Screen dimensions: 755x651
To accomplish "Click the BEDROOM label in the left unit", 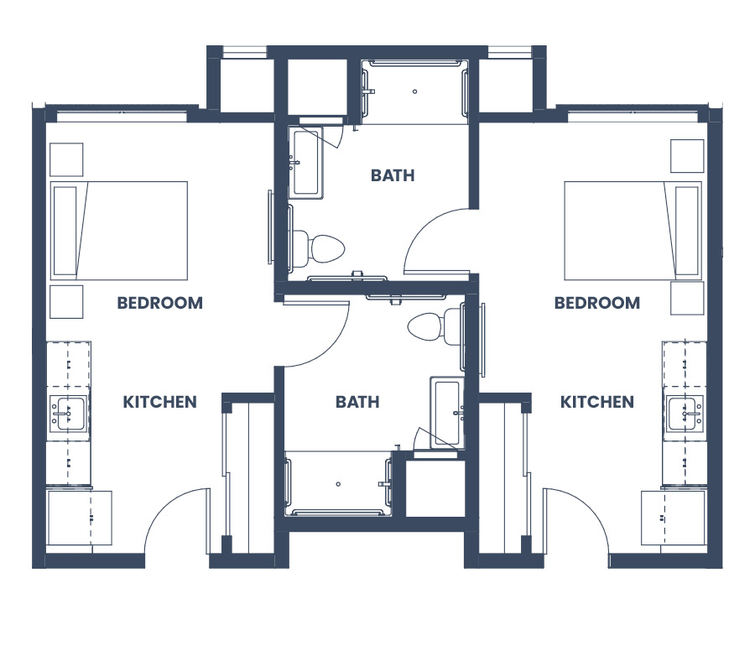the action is pos(160,303).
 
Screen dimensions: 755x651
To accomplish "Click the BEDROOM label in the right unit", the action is pos(597,303).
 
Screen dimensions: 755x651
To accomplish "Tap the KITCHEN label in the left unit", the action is pos(160,402).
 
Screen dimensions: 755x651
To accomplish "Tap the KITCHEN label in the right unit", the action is pos(597,402).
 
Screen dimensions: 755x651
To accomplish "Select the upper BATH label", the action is pos(393,175).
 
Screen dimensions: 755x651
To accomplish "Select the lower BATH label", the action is pos(357,402).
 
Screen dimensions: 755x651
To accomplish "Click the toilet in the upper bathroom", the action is pos(318,249).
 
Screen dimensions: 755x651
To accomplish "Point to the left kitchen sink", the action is pos(69,414).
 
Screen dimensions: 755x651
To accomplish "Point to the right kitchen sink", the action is pos(685,414).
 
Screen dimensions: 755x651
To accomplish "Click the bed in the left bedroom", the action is pos(119,231).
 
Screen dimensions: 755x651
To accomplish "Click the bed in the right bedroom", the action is pos(633,231).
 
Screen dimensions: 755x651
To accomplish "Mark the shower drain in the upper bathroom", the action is pos(414,91).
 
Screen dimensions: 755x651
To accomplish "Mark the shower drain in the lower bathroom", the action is pos(338,484).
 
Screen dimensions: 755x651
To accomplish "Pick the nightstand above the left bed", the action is pos(66,159).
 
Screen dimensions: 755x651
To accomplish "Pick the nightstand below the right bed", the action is pos(687,298).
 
